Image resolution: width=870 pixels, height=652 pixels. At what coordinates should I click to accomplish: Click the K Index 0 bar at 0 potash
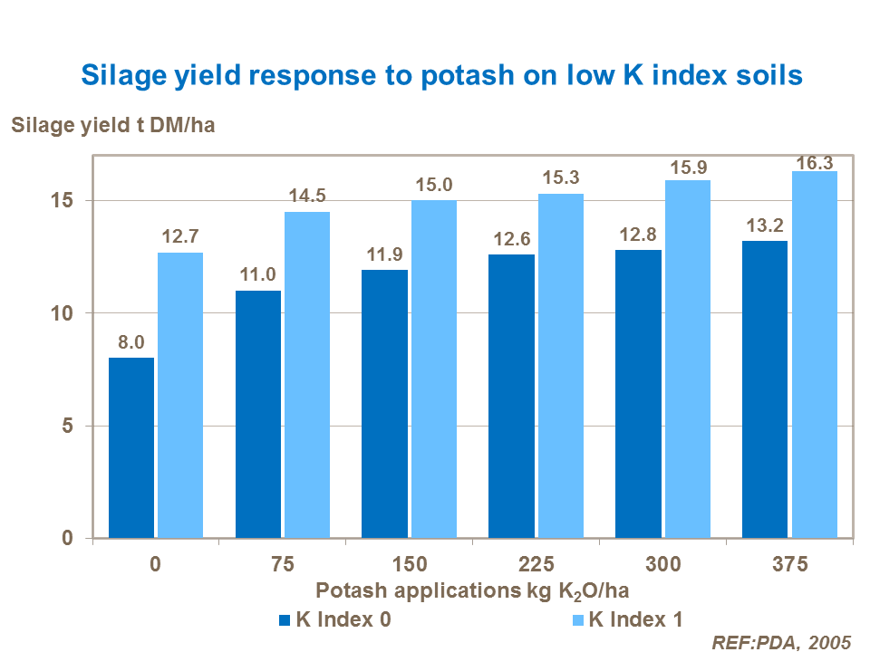pyautogui.click(x=131, y=448)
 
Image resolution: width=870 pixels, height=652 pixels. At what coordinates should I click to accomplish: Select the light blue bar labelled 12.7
pyautogui.click(x=180, y=396)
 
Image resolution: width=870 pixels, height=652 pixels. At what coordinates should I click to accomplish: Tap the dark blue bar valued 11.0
pyautogui.click(x=258, y=415)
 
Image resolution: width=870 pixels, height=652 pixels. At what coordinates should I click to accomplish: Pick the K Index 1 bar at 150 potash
pyautogui.click(x=434, y=369)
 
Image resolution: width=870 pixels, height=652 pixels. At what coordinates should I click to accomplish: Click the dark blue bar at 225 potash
pyautogui.click(x=511, y=397)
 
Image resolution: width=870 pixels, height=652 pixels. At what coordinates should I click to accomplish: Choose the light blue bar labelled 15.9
pyautogui.click(x=688, y=360)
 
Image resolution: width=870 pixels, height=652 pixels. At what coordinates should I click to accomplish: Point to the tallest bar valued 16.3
pyautogui.click(x=814, y=355)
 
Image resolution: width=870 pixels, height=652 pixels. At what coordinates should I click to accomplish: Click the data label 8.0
pyautogui.click(x=131, y=343)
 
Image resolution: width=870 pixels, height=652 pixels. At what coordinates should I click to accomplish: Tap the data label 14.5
pyautogui.click(x=307, y=197)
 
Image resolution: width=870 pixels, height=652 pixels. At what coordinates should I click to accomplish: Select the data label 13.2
pyautogui.click(x=765, y=225)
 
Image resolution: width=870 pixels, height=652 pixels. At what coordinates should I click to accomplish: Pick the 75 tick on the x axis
pyautogui.click(x=283, y=564)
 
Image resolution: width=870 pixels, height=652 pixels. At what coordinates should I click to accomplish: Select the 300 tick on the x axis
pyautogui.click(x=662, y=564)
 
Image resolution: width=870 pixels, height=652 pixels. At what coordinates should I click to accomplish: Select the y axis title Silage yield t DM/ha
pyautogui.click(x=112, y=125)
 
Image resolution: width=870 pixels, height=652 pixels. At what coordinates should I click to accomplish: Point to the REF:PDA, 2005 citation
pyautogui.click(x=781, y=642)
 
